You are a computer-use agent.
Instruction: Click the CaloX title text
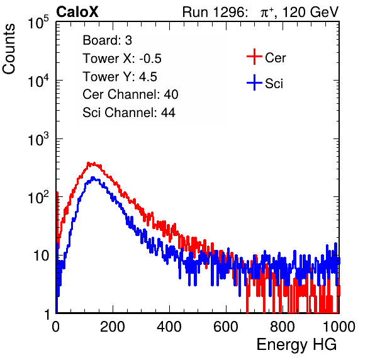[x=77, y=12]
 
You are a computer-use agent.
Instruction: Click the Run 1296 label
[x=215, y=12]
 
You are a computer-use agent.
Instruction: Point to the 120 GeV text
[x=311, y=12]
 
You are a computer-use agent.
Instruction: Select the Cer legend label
[x=275, y=58]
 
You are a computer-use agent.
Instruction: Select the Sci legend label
[x=274, y=84]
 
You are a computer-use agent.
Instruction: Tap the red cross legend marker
[x=254, y=57]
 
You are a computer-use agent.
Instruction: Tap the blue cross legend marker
[x=254, y=82]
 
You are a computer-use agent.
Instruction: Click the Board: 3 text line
[x=107, y=40]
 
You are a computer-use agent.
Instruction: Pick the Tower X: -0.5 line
[x=122, y=59]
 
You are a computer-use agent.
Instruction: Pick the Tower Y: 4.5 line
[x=120, y=77]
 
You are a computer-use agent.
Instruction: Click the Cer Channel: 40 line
[x=130, y=94]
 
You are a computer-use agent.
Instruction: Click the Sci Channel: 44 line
[x=129, y=113]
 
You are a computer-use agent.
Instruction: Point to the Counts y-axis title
[x=9, y=49]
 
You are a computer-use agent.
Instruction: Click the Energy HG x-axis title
[x=296, y=345]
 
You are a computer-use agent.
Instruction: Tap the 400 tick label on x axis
[x=169, y=326]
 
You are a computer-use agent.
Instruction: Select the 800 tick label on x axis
[x=283, y=326]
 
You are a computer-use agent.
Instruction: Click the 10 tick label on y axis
[x=41, y=256]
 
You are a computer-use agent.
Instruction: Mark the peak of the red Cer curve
[x=89, y=164]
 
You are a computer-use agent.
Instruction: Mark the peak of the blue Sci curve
[x=93, y=177]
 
